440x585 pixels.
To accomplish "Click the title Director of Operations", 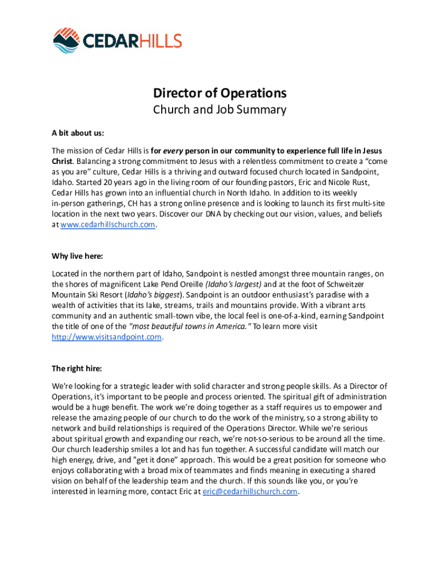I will coord(219,93).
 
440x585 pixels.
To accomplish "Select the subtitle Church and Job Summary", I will coord(219,110).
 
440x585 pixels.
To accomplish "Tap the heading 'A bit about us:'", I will coord(78,133).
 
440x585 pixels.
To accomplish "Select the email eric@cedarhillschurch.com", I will coord(250,492).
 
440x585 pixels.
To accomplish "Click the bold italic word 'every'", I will coord(173,151).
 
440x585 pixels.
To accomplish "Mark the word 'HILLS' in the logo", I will coord(158,41).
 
